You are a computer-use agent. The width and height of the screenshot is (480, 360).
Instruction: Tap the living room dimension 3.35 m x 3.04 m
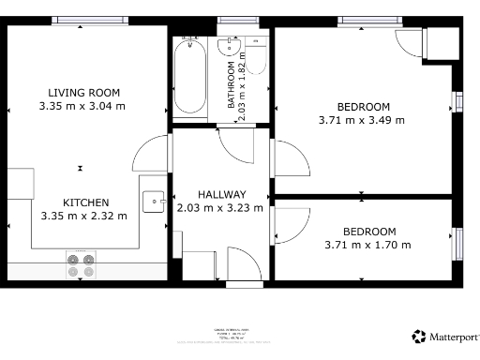[x=82, y=106]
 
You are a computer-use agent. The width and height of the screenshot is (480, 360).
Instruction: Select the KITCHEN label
[x=85, y=202]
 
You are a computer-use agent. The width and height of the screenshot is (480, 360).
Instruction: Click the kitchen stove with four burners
[x=81, y=265]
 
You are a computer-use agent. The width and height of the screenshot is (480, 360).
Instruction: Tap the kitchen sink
[x=154, y=201]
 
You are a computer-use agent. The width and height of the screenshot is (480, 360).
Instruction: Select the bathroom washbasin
[x=230, y=47]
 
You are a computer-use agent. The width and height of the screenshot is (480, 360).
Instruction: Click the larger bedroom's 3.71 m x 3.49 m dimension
[x=362, y=119]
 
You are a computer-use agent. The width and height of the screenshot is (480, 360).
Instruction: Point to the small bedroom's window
[x=457, y=241]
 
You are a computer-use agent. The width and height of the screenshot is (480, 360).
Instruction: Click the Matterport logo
[x=445, y=336]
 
